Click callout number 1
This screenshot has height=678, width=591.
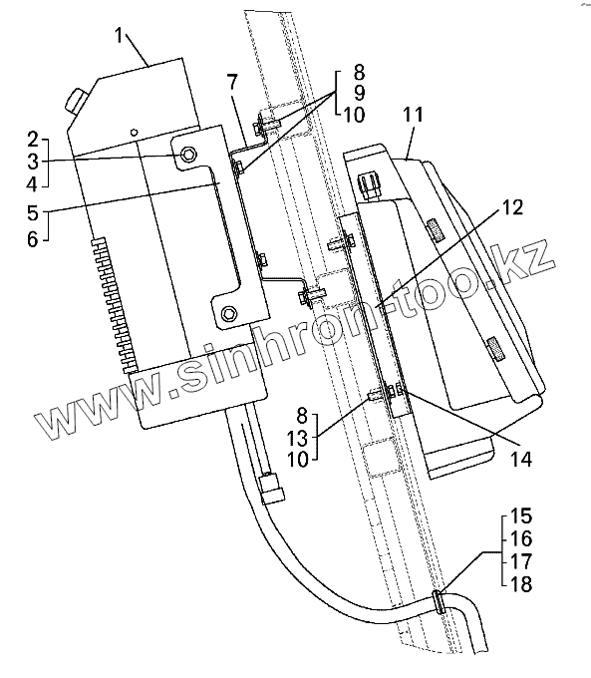(120, 36)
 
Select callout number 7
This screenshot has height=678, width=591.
(232, 83)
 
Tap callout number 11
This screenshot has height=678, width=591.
(413, 116)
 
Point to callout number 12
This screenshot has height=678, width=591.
(512, 208)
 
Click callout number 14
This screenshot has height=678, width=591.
(521, 460)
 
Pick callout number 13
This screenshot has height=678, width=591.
(297, 439)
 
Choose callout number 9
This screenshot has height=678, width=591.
(359, 94)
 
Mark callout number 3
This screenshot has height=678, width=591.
(33, 163)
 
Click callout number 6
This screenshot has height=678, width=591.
(33, 239)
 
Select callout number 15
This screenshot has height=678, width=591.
(521, 516)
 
